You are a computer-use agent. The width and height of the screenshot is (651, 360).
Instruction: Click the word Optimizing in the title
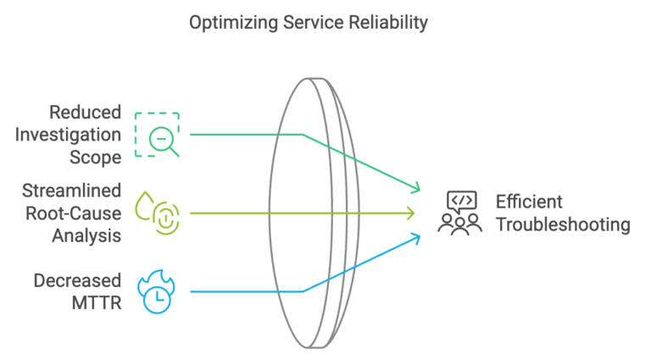point(225,23)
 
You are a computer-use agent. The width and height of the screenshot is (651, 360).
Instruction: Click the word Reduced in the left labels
point(85,113)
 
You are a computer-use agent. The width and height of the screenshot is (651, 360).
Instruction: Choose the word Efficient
point(529,202)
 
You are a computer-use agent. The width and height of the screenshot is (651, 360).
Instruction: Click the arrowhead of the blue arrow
point(417,236)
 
